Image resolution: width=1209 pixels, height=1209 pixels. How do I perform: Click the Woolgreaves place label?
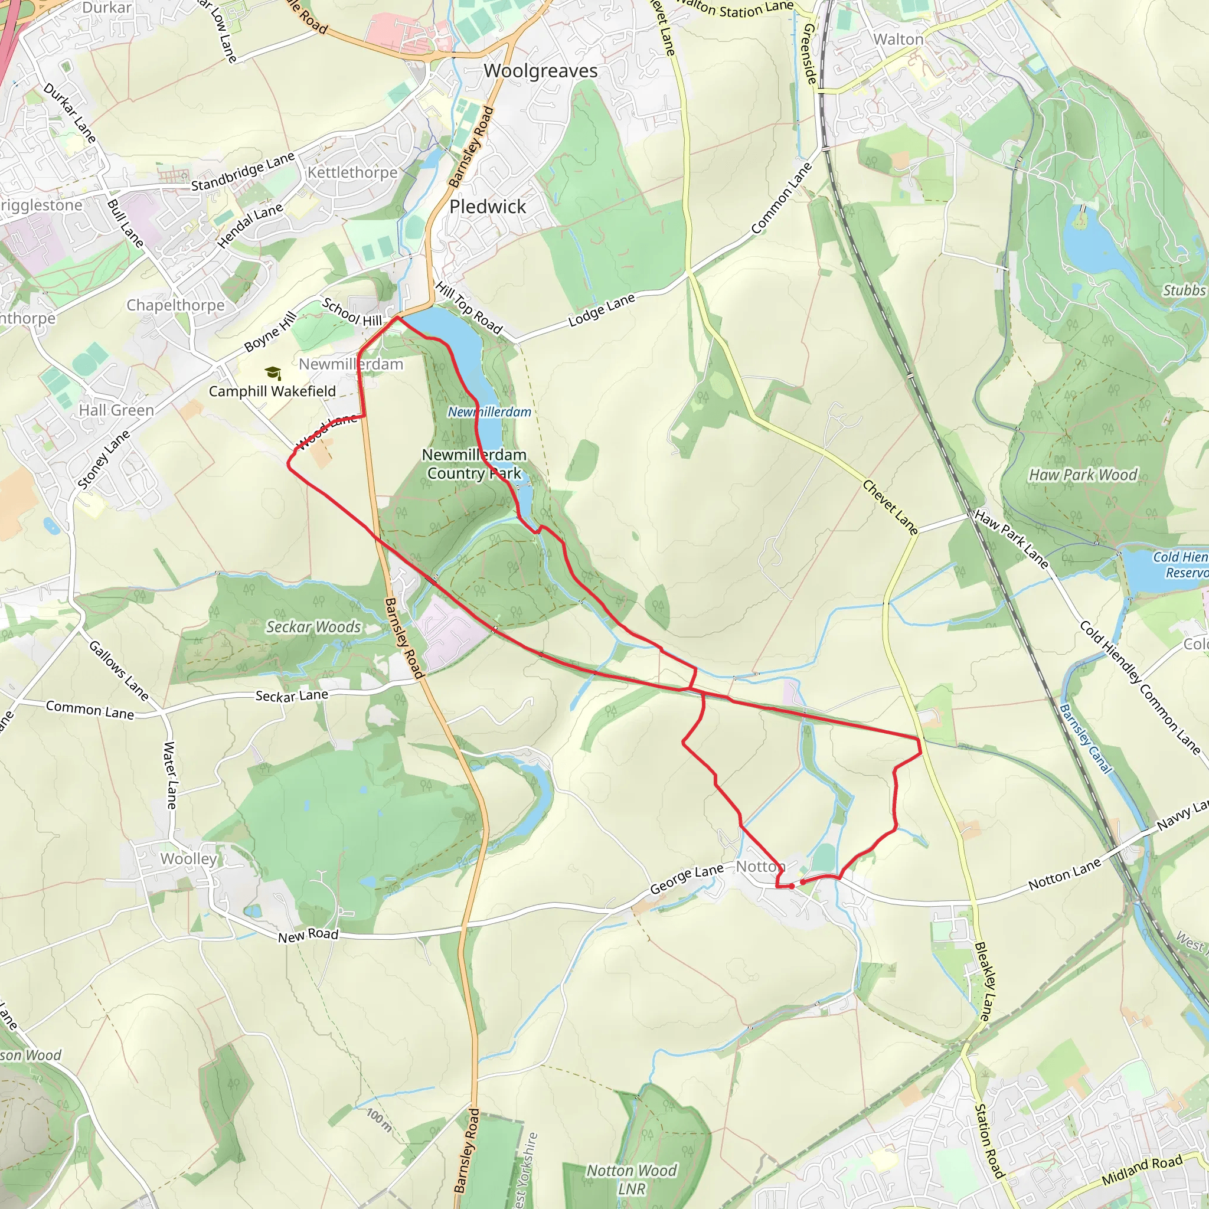pos(541,71)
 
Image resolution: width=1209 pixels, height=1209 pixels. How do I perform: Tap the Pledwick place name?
pos(488,207)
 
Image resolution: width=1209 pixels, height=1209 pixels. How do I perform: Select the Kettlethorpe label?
pos(352,172)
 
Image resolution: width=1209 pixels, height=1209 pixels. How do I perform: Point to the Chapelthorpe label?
pos(175,305)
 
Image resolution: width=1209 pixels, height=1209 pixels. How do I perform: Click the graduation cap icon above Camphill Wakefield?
pos(273,374)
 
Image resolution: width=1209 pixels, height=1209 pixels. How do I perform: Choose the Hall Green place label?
pos(116,410)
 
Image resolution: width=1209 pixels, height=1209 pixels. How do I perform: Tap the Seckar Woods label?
pos(313,626)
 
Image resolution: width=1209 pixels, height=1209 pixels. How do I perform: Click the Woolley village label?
pos(188,858)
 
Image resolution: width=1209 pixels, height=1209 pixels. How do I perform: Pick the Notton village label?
pos(760,866)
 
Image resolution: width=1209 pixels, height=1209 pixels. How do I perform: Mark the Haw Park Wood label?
pos(1083,475)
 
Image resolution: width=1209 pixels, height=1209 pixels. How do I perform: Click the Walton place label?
pos(898,40)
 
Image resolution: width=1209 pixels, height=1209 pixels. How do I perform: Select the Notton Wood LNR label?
pos(631,1179)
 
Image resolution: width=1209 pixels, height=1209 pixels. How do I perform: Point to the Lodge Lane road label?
pos(602,311)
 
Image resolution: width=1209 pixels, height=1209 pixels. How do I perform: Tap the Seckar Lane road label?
pos(292,695)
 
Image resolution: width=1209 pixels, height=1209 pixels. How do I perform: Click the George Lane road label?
pos(687,878)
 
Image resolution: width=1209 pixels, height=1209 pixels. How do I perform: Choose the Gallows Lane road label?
pos(118,671)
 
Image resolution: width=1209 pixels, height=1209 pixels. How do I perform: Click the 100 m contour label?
pos(379,1119)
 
